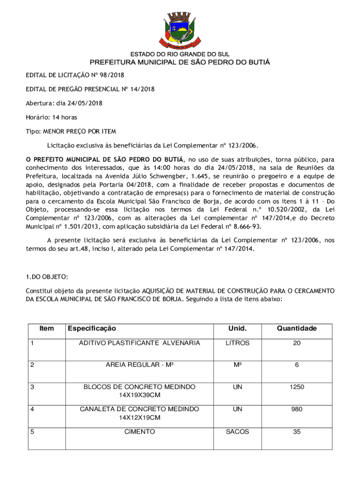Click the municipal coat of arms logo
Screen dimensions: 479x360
click(180, 28)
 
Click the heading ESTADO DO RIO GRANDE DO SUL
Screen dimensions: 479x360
click(180, 54)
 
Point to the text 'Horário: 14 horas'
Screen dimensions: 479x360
click(51, 117)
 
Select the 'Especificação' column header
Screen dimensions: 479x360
click(92, 328)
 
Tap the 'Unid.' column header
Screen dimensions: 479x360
click(238, 328)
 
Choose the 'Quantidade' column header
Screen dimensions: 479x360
click(296, 328)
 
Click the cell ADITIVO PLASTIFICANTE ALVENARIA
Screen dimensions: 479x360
click(139, 343)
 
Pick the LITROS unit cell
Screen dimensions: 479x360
click(238, 343)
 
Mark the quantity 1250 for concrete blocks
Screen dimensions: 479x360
click(296, 387)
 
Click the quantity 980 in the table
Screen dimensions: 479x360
click(296, 409)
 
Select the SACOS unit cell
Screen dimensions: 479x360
click(238, 432)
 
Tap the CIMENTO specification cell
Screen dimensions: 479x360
click(139, 432)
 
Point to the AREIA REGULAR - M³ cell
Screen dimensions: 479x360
click(139, 365)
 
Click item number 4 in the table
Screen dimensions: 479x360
click(32, 409)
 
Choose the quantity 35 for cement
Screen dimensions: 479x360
click(296, 432)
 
